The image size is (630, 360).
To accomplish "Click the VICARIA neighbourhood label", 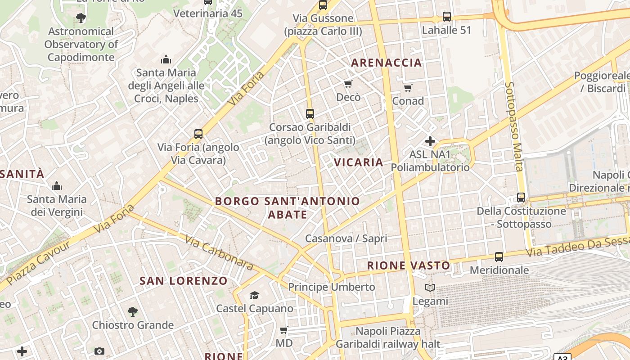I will (358, 162).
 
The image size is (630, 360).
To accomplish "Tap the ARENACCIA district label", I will (387, 63).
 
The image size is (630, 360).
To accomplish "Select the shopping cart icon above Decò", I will (348, 84).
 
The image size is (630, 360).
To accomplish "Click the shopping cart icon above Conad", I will (408, 88).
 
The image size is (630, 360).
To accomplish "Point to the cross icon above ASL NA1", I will (430, 141).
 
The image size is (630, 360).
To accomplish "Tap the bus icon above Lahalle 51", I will (446, 17).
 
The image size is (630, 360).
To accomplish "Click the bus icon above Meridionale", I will (499, 257).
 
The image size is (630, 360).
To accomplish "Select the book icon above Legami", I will (430, 288).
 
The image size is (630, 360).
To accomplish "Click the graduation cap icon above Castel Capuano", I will (254, 295).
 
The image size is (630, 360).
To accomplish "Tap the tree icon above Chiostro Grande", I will (132, 311).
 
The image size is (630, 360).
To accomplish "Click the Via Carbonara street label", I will (219, 252).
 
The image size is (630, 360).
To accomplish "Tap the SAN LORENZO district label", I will (184, 281).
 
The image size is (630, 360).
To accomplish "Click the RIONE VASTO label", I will (409, 265).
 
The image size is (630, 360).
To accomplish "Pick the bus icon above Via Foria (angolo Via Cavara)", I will (198, 134).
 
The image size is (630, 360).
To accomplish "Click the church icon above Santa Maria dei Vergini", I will (57, 186).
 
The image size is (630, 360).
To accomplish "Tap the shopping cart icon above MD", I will (284, 330).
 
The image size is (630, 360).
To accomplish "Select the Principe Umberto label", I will (331, 287).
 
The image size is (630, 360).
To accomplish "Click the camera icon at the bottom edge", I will (99, 351).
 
